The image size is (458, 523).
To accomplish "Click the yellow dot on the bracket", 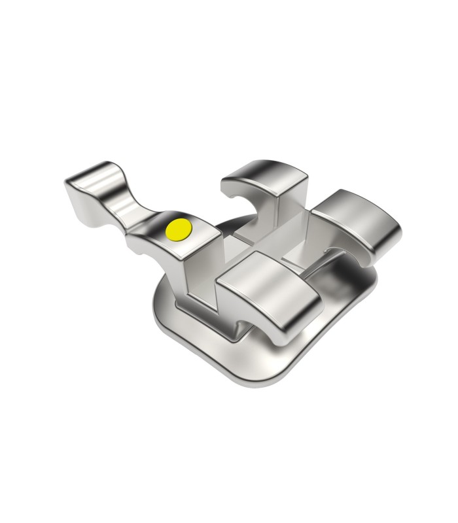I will [x=178, y=229].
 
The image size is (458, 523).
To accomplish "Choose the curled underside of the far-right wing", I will [x=383, y=252].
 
